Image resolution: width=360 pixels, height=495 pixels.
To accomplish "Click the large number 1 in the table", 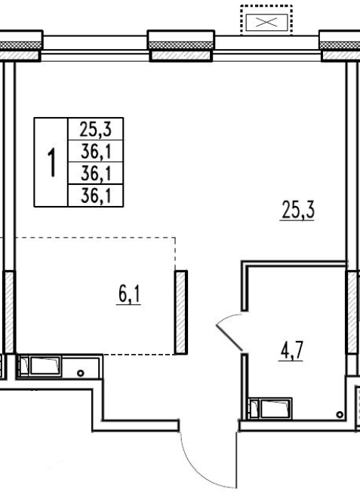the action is (51, 162).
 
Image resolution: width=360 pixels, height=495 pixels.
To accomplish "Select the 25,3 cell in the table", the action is (96, 129).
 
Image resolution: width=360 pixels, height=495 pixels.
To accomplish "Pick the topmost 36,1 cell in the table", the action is (96, 151).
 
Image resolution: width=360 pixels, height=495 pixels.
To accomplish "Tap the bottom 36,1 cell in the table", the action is (96, 195).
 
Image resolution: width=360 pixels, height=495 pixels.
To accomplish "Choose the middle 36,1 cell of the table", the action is (96, 174).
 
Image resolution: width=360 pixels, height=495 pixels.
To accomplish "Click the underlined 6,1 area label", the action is (129, 295).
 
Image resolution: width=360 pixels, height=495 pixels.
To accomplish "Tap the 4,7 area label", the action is (291, 351).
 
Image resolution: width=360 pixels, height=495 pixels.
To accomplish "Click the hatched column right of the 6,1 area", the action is (181, 312).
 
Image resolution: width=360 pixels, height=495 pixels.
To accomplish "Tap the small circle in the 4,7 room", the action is (340, 414).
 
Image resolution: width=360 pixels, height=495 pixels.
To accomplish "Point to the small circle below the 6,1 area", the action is (81, 374).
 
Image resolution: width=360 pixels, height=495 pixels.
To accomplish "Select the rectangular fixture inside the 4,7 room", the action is (270, 408).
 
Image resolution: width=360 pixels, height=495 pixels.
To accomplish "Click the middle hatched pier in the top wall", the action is (181, 46).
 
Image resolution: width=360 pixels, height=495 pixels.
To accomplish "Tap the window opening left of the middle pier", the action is (95, 48).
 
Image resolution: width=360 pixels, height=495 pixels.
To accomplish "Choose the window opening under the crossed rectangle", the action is (266, 48).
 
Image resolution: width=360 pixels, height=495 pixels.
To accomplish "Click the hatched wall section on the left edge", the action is (10, 312).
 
